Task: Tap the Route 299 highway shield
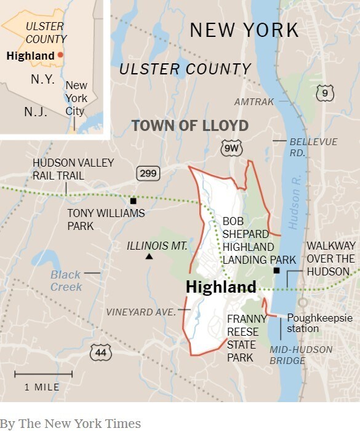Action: click(x=148, y=173)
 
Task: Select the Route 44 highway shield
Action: click(x=101, y=352)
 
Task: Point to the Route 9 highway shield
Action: click(x=326, y=93)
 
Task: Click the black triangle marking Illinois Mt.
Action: click(x=148, y=256)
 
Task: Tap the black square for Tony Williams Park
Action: click(x=133, y=201)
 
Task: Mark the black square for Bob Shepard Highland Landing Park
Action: click(x=276, y=271)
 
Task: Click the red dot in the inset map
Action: click(x=60, y=55)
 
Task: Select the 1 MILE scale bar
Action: click(x=43, y=374)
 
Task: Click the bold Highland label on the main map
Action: click(x=220, y=287)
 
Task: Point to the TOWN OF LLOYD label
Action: click(x=190, y=126)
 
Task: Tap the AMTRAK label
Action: click(x=254, y=101)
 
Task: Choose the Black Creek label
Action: click(x=66, y=281)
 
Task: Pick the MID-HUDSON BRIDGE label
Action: click(x=301, y=355)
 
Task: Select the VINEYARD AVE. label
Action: click(x=141, y=312)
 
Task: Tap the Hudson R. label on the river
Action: click(x=297, y=208)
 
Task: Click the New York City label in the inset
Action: click(x=76, y=98)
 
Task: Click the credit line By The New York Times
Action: click(x=70, y=424)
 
